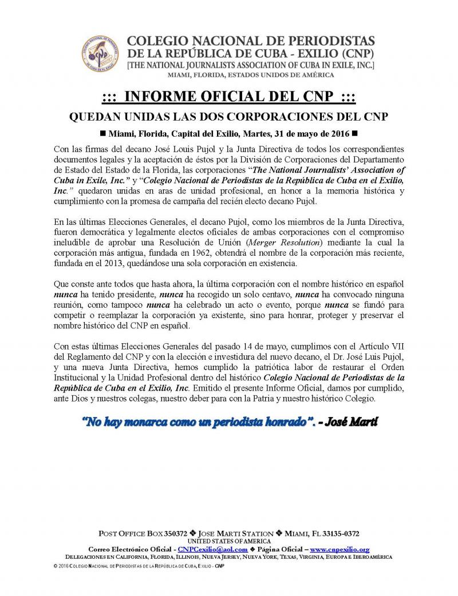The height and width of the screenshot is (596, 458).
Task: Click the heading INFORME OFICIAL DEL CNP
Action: click(229, 97)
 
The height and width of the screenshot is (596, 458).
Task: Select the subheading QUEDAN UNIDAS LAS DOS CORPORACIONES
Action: click(229, 117)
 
